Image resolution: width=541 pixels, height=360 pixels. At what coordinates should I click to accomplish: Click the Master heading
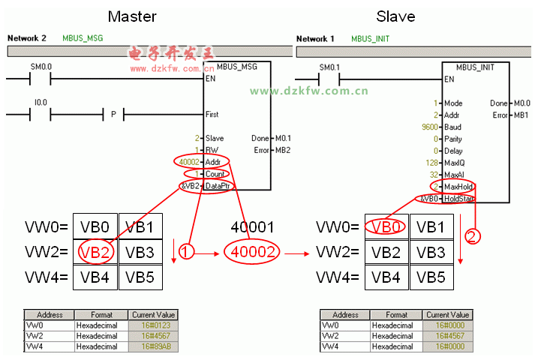(x=133, y=16)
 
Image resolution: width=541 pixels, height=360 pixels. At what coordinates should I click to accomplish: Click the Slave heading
(x=396, y=16)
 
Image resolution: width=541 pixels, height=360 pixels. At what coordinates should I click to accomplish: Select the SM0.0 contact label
(x=41, y=66)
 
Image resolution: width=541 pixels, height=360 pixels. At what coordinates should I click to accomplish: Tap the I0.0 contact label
(x=40, y=103)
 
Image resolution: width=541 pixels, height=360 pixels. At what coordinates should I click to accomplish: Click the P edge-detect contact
(x=113, y=115)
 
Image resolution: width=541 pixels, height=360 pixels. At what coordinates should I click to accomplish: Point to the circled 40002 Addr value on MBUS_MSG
(x=188, y=161)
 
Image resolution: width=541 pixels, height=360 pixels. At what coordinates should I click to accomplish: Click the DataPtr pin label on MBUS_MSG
(x=218, y=185)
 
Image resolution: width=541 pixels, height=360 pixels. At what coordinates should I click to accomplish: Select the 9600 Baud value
(x=430, y=127)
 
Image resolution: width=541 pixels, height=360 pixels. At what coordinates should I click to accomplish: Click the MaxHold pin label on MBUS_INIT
(x=458, y=187)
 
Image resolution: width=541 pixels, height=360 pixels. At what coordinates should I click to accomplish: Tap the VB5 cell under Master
(x=140, y=276)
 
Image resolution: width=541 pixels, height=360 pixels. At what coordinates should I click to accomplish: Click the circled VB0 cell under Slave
(x=386, y=226)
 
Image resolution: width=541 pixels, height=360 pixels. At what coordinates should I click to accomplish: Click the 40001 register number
(x=254, y=226)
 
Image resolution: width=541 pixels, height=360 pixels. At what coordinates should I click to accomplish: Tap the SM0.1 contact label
(x=330, y=66)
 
